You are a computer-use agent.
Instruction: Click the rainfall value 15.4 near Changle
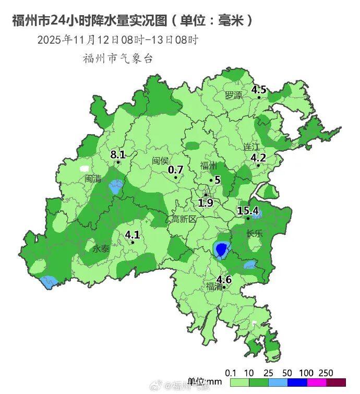click(248, 211)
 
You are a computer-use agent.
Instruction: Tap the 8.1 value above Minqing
click(118, 154)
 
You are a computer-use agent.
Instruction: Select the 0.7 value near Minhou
click(176, 170)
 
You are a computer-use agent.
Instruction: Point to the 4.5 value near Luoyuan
click(259, 90)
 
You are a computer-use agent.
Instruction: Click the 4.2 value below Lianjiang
click(258, 158)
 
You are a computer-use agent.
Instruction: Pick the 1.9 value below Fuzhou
click(206, 202)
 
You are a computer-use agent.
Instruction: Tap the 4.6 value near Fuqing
click(224, 279)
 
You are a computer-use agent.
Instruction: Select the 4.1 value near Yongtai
click(133, 234)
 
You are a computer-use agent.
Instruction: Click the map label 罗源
click(234, 95)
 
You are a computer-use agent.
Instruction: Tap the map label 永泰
click(101, 249)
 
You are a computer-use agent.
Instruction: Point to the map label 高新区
click(184, 219)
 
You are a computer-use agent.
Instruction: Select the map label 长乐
click(255, 233)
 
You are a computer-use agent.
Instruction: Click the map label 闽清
click(93, 178)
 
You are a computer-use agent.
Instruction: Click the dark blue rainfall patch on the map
click(222, 249)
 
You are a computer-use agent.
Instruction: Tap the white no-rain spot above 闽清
click(84, 169)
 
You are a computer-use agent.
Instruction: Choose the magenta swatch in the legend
click(317, 382)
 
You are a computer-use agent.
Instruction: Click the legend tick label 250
click(326, 373)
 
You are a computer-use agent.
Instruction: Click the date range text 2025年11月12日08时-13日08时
click(117, 40)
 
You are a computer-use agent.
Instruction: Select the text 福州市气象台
click(118, 58)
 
